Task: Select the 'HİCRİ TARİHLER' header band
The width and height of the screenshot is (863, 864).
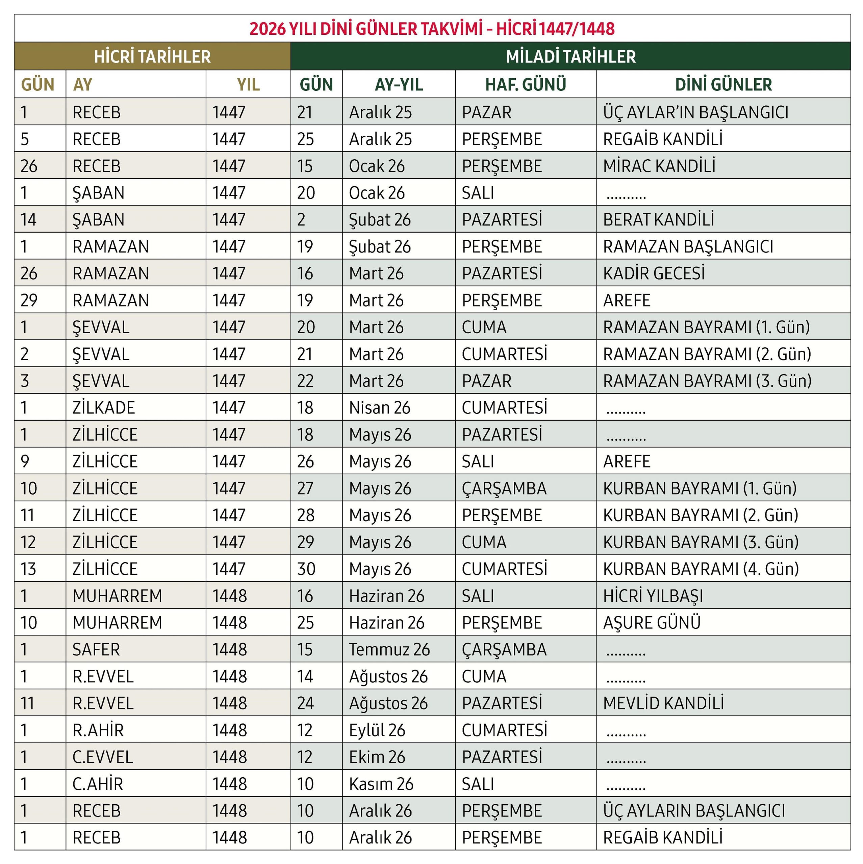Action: pyautogui.click(x=152, y=56)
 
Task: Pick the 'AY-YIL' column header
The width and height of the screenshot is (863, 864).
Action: pyautogui.click(x=398, y=84)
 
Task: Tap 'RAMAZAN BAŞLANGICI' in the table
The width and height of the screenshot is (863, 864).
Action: pyautogui.click(x=688, y=246)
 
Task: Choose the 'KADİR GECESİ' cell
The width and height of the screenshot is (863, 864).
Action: pyautogui.click(x=654, y=273)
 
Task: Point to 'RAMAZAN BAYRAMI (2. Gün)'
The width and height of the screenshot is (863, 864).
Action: pyautogui.click(x=707, y=354)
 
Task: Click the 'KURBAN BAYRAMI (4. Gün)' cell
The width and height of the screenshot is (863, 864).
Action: pyautogui.click(x=701, y=569)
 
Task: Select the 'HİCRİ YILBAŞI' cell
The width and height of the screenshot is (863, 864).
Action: pyautogui.click(x=653, y=596)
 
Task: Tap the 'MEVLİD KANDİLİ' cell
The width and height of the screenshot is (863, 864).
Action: pyautogui.click(x=663, y=703)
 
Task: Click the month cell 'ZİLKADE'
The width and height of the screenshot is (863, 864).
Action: pyautogui.click(x=103, y=408)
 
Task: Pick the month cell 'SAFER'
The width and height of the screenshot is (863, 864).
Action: pyautogui.click(x=96, y=649)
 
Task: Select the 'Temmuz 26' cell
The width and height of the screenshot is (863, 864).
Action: pyautogui.click(x=389, y=649)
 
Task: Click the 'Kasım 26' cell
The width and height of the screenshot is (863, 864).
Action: pyautogui.click(x=381, y=783)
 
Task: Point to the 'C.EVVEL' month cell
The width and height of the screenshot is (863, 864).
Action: pyautogui.click(x=102, y=757)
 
